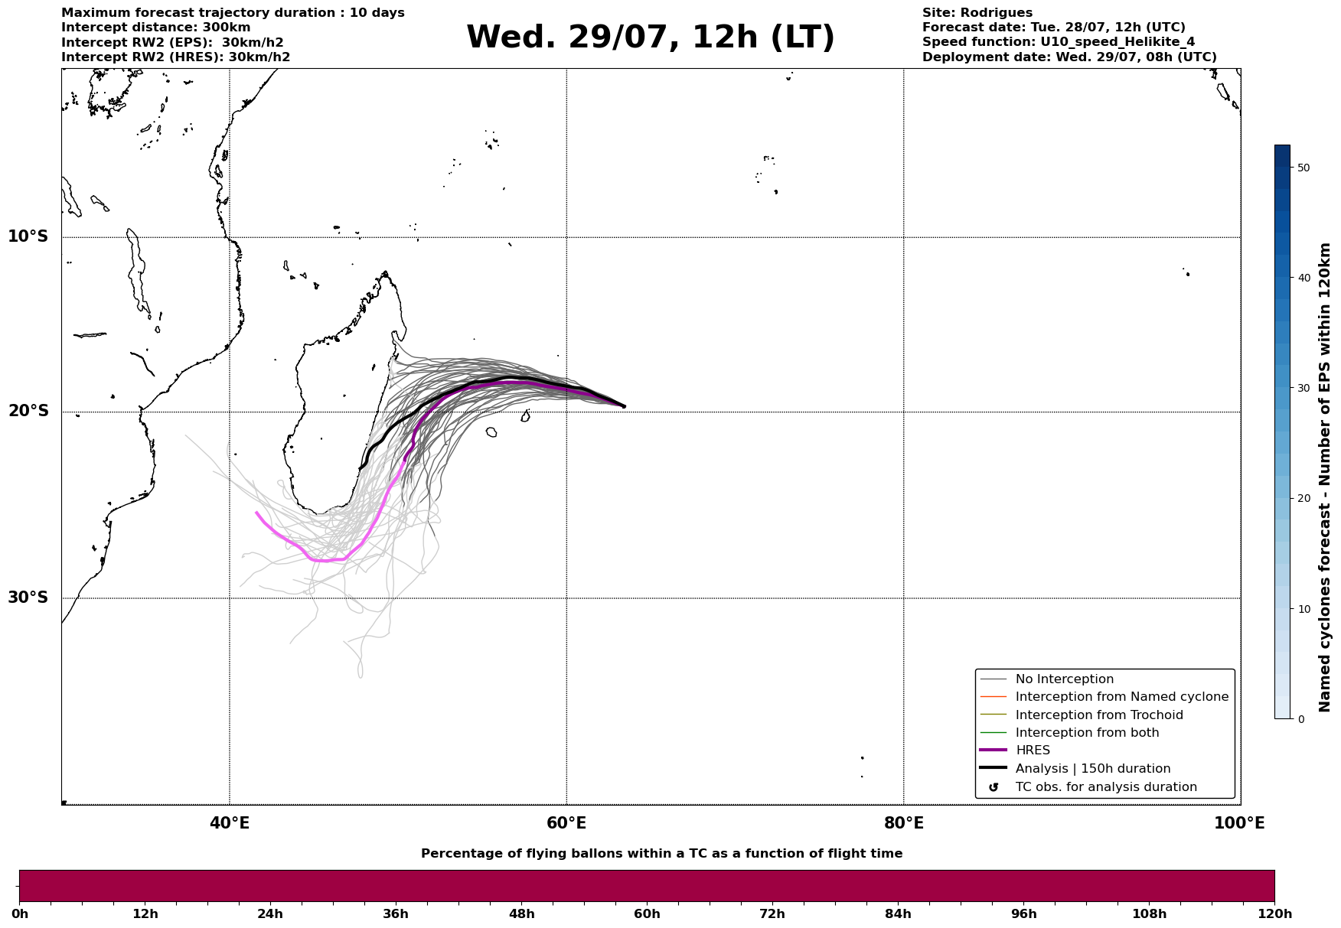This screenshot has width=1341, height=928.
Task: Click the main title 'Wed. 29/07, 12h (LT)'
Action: click(651, 37)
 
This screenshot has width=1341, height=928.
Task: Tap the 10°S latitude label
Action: click(28, 236)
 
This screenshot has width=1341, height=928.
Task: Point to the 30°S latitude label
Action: click(28, 598)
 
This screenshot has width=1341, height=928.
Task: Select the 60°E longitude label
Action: click(566, 823)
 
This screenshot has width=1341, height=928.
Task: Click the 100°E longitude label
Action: click(1239, 823)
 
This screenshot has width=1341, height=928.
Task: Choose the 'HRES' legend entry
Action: click(1033, 751)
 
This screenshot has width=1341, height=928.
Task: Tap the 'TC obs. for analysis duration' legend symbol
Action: click(994, 787)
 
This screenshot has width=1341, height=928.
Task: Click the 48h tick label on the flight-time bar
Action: click(522, 913)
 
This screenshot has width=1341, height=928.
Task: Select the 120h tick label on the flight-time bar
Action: click(1274, 913)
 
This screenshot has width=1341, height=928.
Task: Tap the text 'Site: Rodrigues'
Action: click(977, 13)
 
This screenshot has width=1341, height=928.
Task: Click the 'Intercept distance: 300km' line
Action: click(156, 28)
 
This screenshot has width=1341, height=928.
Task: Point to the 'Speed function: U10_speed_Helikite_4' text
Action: click(1059, 42)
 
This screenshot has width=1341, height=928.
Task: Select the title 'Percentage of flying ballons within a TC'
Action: click(578, 854)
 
